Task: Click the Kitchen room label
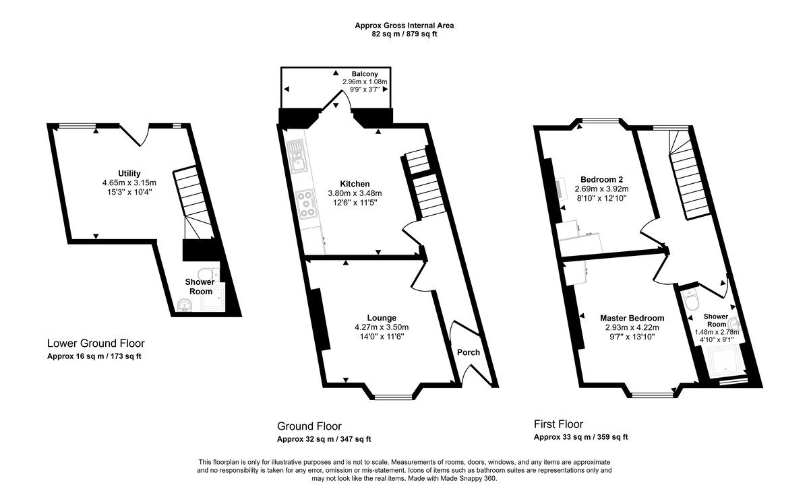click(x=355, y=184)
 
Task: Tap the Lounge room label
click(x=382, y=318)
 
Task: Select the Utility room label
click(x=128, y=173)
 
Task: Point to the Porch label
click(x=469, y=352)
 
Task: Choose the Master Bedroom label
click(x=632, y=318)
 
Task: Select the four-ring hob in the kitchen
click(x=308, y=203)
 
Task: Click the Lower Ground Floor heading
click(x=96, y=343)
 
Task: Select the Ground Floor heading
click(x=309, y=426)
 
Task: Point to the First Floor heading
click(x=558, y=424)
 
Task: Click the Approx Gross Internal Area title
click(x=404, y=26)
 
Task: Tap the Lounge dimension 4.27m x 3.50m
click(x=382, y=327)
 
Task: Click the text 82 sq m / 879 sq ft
click(x=404, y=34)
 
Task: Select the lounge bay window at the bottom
click(x=394, y=397)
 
